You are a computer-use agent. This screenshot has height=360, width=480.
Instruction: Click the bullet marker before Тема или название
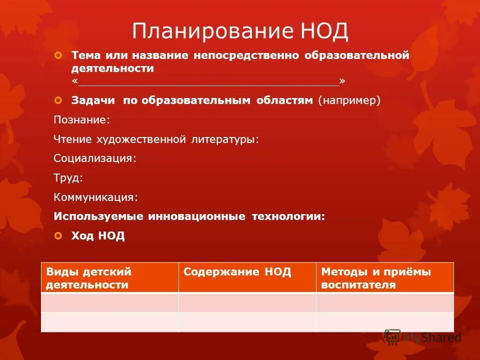[58, 54]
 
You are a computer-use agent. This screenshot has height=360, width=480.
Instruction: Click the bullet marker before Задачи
[58, 100]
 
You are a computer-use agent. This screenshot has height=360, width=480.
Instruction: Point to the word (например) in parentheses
[349, 100]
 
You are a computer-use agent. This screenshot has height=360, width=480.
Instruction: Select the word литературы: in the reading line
[225, 139]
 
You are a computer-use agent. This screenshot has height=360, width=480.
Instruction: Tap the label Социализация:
[95, 158]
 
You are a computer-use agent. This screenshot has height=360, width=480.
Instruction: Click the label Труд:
[68, 178]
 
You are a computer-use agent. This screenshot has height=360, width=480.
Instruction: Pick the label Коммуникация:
[95, 197]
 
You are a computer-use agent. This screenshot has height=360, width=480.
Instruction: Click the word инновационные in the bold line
[196, 216]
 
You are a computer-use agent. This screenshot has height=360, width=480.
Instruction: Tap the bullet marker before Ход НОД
[58, 235]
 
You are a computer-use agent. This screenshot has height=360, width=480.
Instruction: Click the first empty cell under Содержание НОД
[247, 302]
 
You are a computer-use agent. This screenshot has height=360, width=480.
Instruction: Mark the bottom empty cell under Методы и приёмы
[384, 322]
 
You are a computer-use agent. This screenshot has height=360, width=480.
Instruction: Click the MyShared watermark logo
[423, 337]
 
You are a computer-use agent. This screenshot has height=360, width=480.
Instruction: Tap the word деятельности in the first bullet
[112, 68]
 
